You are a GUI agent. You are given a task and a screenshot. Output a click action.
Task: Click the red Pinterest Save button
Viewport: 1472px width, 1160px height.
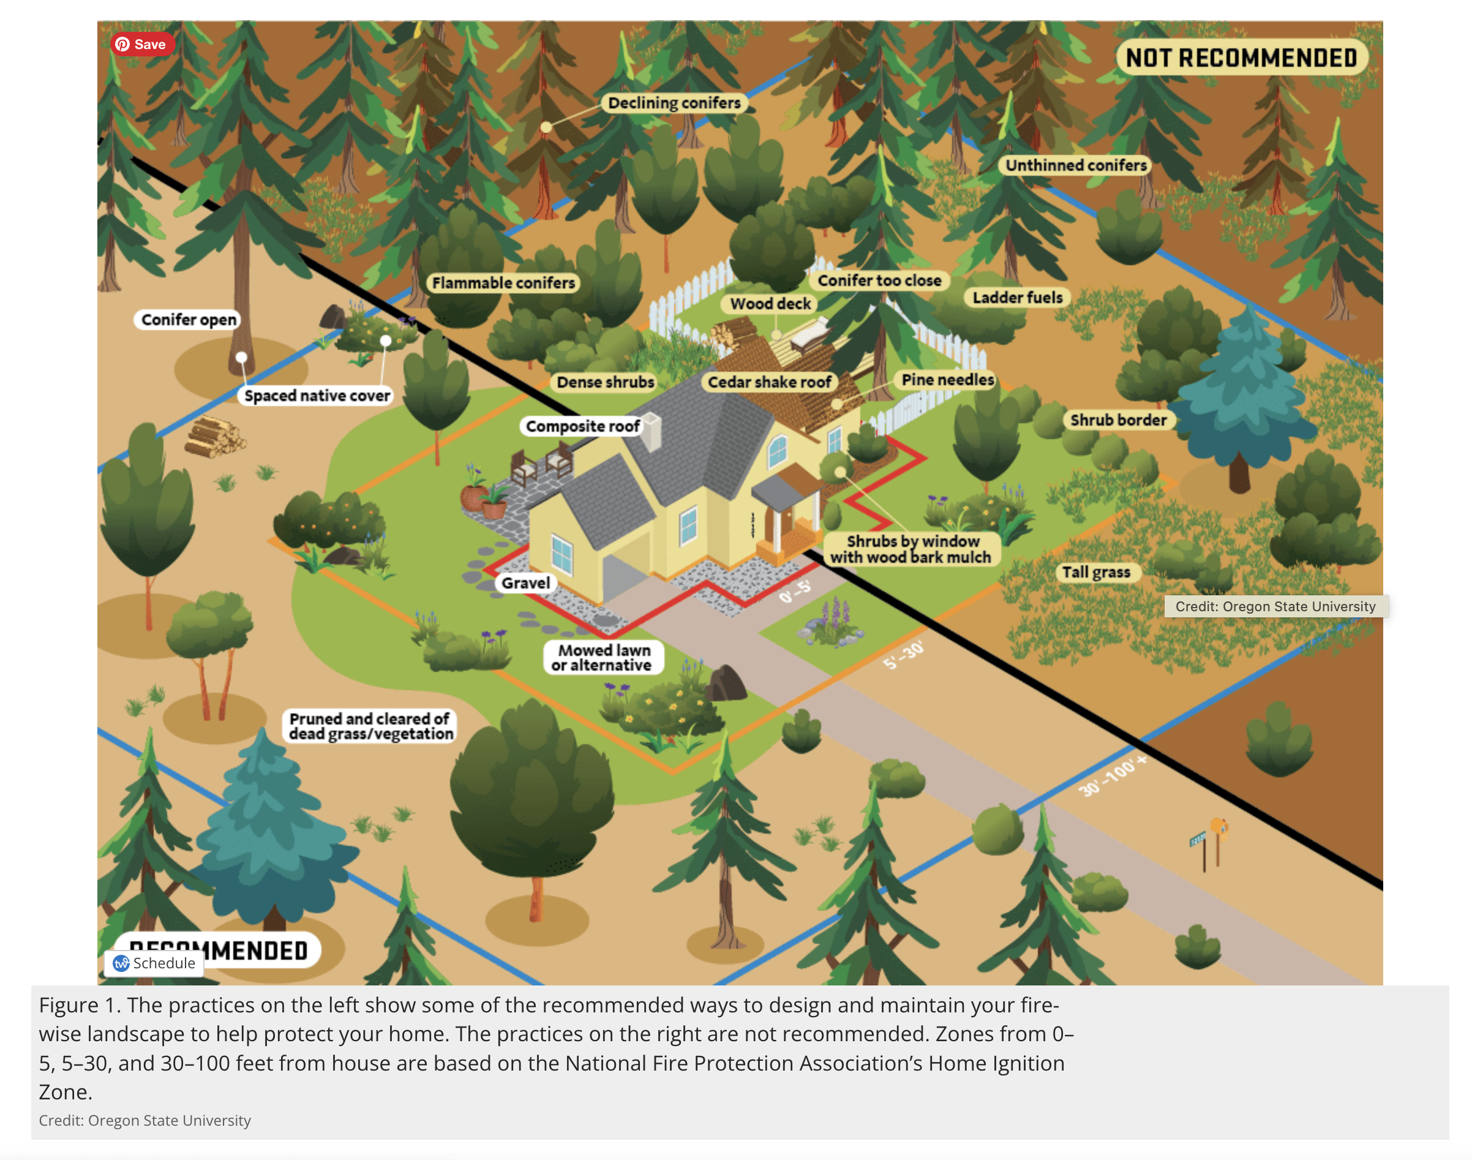click(142, 44)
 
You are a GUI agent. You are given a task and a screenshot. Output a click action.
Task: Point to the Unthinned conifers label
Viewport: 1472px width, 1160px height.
click(1075, 165)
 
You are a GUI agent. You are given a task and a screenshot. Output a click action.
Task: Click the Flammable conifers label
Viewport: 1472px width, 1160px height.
click(503, 282)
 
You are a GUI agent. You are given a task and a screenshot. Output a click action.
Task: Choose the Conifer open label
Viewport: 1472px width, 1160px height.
click(188, 319)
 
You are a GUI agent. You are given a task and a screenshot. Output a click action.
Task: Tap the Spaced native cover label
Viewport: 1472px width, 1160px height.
click(317, 395)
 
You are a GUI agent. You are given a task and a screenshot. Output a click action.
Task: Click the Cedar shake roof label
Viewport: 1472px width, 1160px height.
click(768, 382)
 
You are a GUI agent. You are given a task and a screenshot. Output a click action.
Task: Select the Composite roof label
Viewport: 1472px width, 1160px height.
click(582, 426)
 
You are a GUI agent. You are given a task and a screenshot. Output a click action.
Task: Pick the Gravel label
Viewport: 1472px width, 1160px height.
click(525, 582)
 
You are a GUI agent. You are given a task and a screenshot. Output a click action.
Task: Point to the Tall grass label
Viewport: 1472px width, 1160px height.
click(1095, 572)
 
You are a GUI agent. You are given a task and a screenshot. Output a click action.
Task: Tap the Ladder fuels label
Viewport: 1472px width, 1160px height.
click(1016, 298)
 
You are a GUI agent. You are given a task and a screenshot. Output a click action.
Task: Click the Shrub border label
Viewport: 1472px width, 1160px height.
click(1117, 420)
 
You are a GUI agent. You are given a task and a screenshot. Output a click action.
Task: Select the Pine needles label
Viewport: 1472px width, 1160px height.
click(947, 380)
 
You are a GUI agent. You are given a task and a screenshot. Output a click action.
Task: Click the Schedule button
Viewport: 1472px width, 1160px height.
click(155, 962)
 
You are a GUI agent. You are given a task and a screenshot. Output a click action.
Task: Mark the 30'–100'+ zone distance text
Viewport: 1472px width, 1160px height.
click(1111, 775)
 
